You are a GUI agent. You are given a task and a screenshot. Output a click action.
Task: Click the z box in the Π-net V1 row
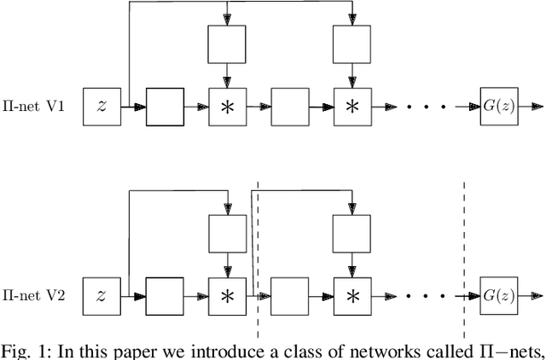point(102,107)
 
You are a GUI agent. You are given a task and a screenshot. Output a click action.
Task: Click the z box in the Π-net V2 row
point(102,296)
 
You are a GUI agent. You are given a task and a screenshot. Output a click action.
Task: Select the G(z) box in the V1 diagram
point(499,107)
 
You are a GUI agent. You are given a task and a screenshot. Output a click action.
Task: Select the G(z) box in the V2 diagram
point(499,296)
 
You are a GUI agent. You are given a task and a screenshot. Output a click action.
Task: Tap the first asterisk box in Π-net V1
point(228,107)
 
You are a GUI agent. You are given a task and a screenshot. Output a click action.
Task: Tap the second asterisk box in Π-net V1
point(351,107)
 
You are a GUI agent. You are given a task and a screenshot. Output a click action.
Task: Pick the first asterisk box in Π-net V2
point(228,296)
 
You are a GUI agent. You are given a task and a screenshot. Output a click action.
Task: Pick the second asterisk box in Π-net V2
point(351,296)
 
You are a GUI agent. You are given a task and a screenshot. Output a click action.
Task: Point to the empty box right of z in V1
point(165,107)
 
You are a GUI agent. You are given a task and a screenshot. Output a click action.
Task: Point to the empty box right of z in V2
point(165,296)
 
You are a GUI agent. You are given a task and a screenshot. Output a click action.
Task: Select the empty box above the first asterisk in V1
point(228,44)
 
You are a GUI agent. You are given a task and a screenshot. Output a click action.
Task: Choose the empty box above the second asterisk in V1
point(351,44)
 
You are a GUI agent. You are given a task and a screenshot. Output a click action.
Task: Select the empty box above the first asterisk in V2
point(228,233)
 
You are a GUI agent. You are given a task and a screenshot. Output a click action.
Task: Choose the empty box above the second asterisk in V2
point(351,233)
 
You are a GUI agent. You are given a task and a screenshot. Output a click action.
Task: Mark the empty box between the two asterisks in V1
point(289,107)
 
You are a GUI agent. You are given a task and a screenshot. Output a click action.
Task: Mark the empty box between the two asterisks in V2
point(289,296)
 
